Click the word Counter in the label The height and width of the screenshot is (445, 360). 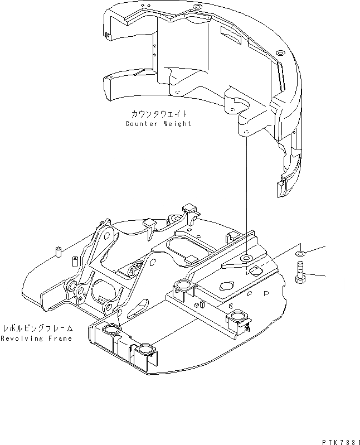point(141,123)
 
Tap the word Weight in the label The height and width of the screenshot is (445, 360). point(176,123)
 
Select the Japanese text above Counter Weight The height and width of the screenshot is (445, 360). point(159,114)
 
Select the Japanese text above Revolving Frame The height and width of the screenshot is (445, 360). point(36,329)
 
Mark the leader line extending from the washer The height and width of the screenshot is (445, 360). point(315,249)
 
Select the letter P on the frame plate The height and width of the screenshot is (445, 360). point(266,292)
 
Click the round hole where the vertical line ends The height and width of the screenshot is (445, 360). point(246,258)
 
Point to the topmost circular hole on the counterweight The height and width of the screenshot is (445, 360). point(196,7)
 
